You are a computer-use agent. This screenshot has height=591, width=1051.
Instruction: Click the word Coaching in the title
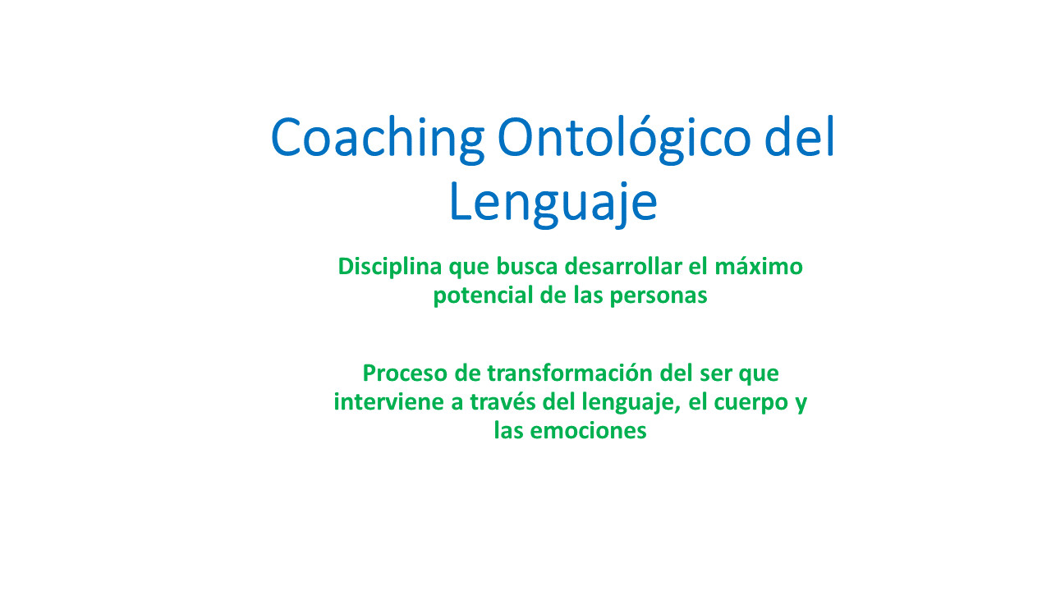(378, 140)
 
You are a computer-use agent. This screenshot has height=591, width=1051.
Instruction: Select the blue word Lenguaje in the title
(553, 205)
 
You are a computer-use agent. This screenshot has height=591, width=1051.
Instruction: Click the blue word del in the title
(800, 135)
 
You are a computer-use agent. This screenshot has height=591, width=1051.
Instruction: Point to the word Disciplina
(390, 268)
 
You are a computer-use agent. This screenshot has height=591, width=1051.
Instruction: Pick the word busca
(527, 267)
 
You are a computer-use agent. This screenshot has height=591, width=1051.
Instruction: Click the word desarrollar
(623, 267)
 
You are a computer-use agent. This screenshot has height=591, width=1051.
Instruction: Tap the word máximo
(759, 267)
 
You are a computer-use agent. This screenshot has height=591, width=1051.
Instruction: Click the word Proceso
(405, 373)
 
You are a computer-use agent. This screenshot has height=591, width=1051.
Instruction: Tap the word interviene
(389, 402)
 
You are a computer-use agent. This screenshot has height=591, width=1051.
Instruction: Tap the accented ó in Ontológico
(643, 136)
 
